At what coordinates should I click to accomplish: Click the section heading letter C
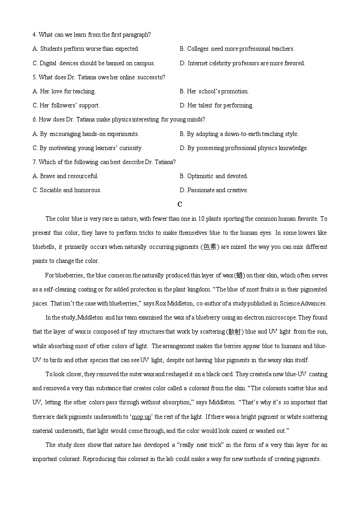pyautogui.click(x=180, y=204)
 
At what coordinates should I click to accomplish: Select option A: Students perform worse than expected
pyautogui.click(x=86, y=49)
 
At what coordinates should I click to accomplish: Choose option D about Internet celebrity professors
pyautogui.click(x=242, y=63)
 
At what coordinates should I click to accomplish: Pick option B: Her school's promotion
pyautogui.click(x=214, y=92)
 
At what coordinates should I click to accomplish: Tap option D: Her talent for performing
pyautogui.click(x=216, y=106)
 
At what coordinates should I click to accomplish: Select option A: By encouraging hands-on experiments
pyautogui.click(x=86, y=134)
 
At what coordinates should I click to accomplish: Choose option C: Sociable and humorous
pyautogui.click(x=67, y=190)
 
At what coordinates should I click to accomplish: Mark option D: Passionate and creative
pyautogui.click(x=214, y=190)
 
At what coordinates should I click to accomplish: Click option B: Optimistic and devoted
pyautogui.click(x=214, y=176)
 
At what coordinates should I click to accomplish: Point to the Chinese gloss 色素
pyautogui.click(x=210, y=247)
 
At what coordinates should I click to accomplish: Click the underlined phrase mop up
pyautogui.click(x=141, y=417)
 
